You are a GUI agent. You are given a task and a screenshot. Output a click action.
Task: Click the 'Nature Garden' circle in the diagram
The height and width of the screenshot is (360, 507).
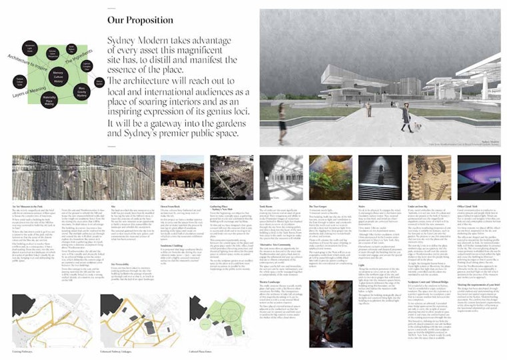pyautogui.click(x=99, y=82)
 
